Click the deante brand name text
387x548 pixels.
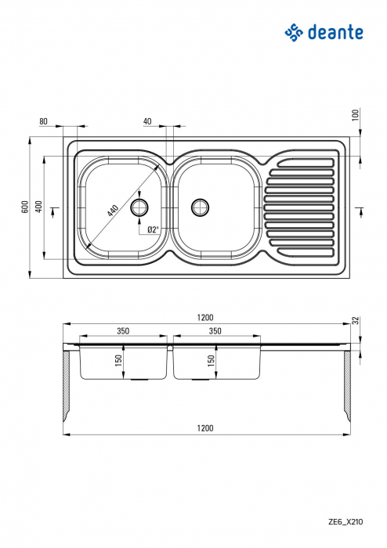click(335, 32)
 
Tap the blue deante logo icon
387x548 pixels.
click(293, 32)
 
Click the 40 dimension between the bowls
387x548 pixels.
click(147, 121)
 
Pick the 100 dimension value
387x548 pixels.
click(355, 114)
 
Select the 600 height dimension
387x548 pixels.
click(25, 207)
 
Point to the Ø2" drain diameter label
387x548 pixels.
click(153, 229)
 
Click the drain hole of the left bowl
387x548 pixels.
click(140, 207)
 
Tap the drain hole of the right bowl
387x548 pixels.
click(201, 207)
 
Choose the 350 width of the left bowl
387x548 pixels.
click(123, 331)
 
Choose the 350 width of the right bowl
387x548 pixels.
click(215, 331)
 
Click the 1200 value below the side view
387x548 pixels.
click(205, 428)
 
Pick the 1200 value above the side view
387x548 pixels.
click(205, 317)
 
